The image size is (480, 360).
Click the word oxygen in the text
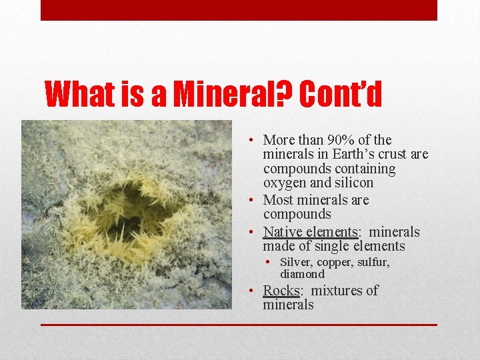pos(285,183)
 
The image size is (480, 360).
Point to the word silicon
pos(353,183)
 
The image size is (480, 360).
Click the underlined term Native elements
pos(311,232)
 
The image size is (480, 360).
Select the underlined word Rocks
pos(281,291)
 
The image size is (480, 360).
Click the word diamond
pos(302,274)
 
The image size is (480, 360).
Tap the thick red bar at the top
pos(239,10)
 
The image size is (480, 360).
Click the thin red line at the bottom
pos(239,325)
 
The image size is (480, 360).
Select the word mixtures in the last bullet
pos(335,291)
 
